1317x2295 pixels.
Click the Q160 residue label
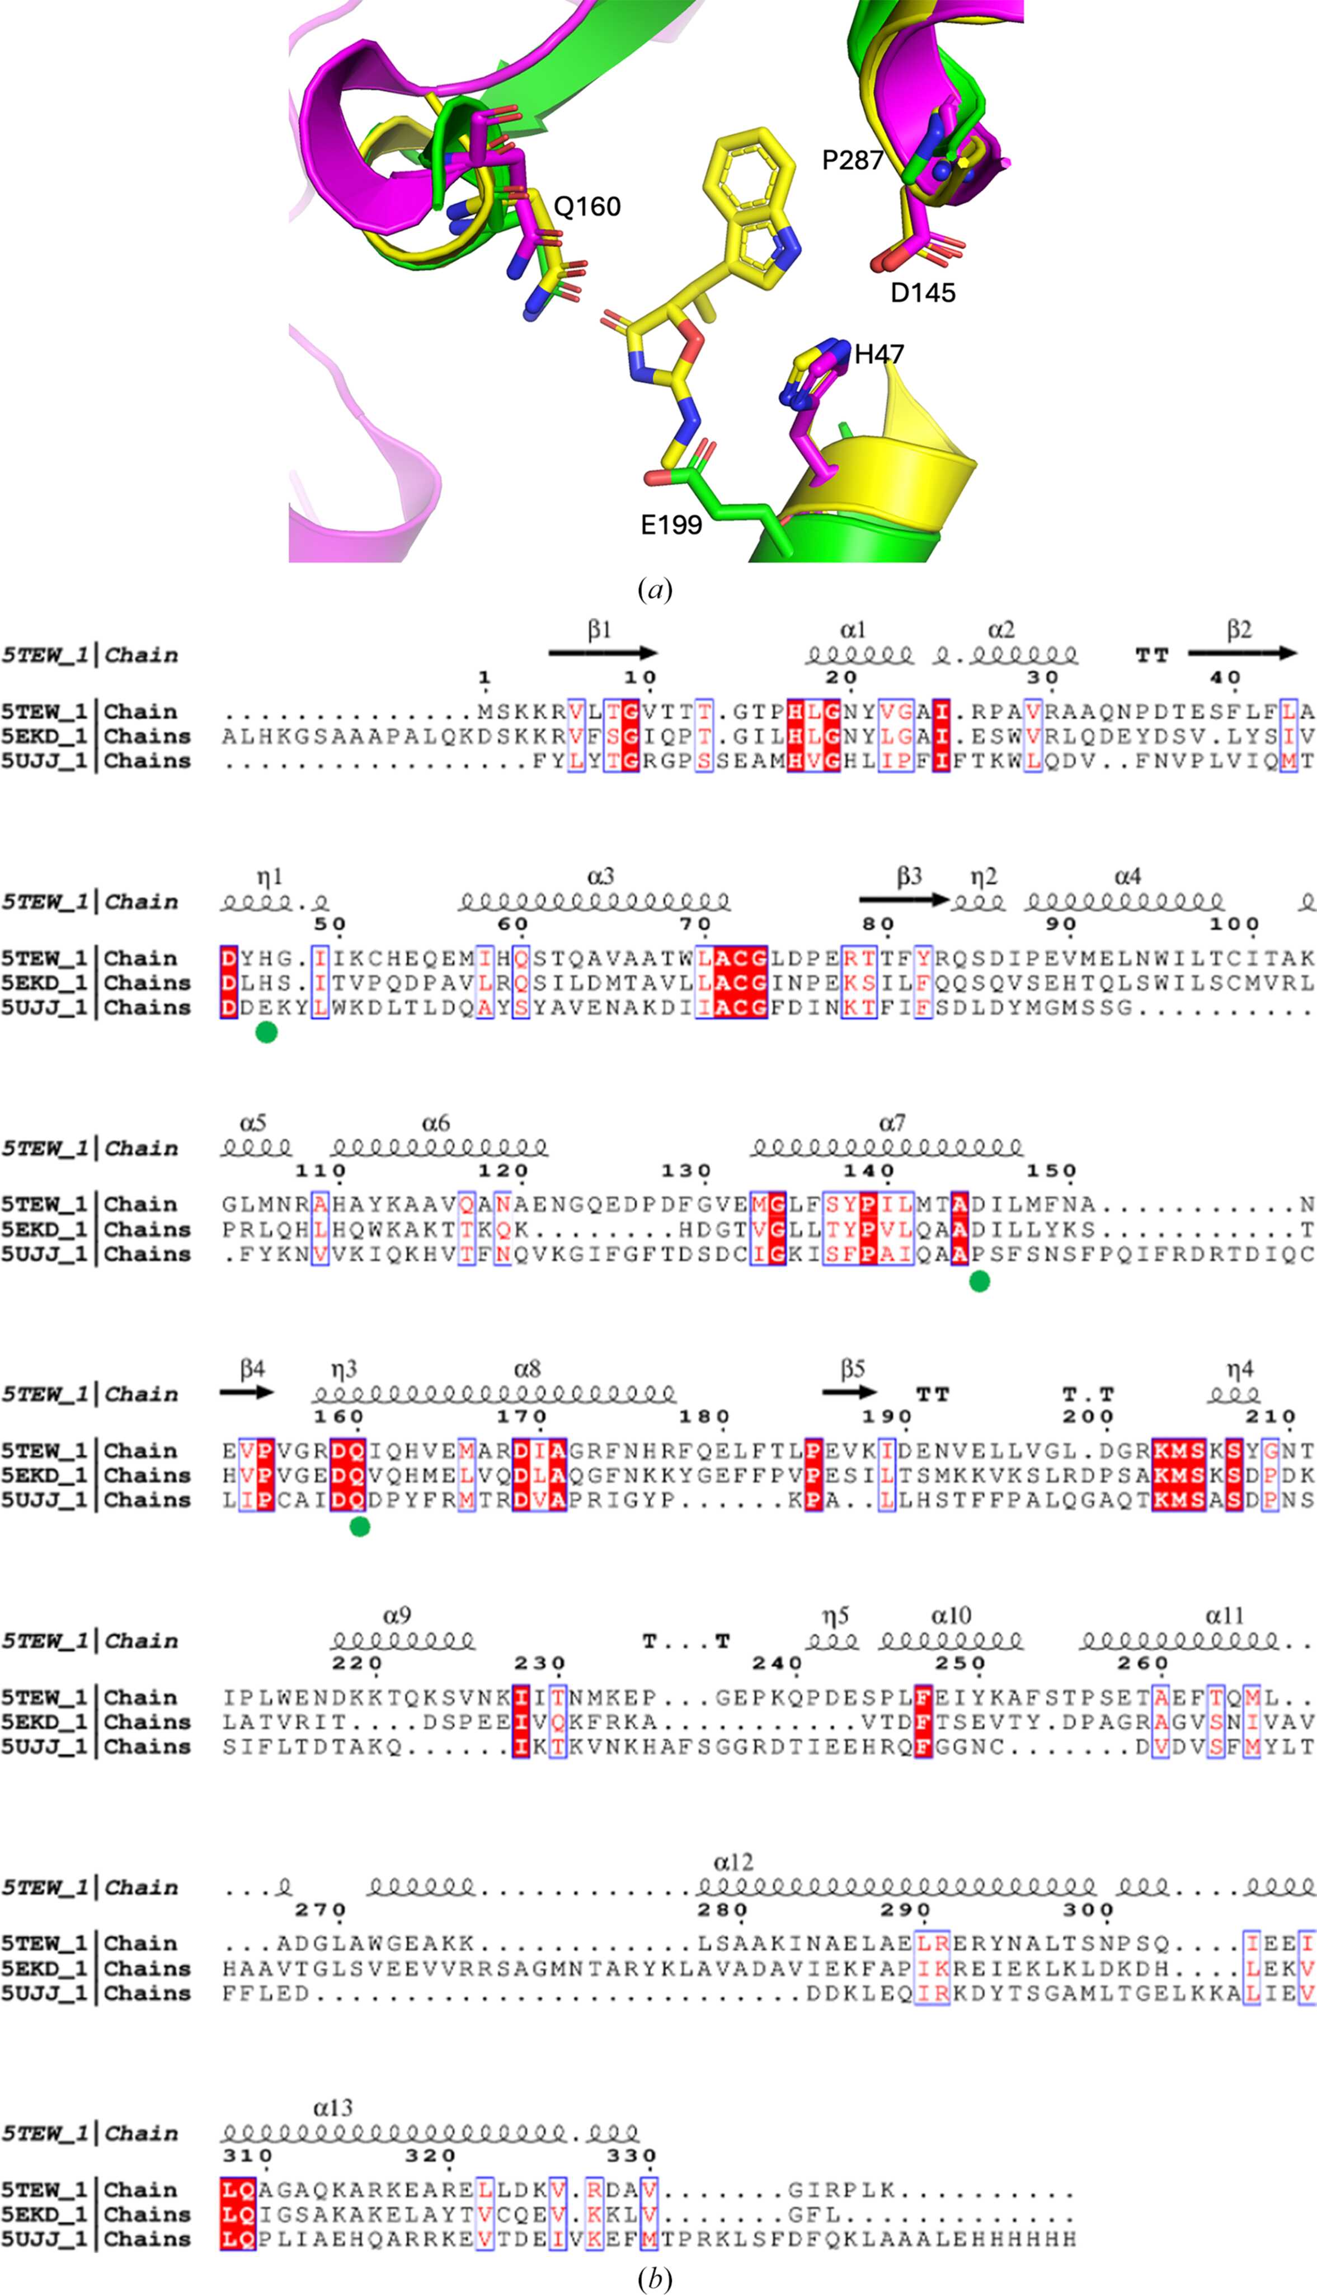point(587,207)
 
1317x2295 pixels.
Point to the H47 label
point(879,354)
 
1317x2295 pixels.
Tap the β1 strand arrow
point(603,652)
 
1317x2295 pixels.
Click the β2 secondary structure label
point(1239,630)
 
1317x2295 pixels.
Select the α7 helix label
point(892,1123)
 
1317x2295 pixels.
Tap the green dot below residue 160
point(359,1528)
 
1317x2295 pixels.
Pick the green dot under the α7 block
point(979,1281)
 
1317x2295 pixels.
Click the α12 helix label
point(733,1862)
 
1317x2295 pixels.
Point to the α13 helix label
point(333,2107)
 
